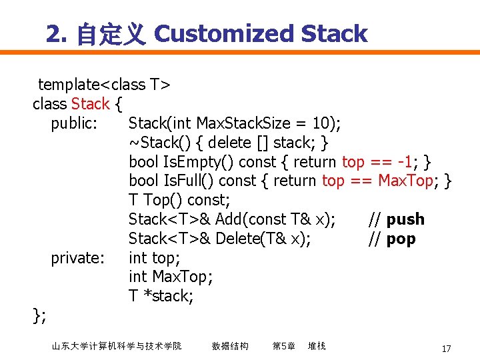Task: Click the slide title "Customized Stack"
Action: [x=261, y=33]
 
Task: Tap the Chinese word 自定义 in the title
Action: [x=111, y=34]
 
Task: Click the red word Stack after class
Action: [x=90, y=104]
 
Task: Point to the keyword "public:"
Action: [x=75, y=123]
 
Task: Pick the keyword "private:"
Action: [x=77, y=257]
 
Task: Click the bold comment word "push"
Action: [x=405, y=219]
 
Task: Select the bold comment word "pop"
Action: [x=401, y=239]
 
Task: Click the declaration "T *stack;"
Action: [x=161, y=296]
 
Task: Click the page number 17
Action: [x=446, y=349]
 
